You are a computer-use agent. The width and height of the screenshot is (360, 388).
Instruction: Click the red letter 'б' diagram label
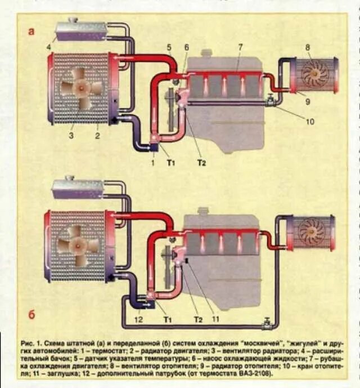(x=31, y=315)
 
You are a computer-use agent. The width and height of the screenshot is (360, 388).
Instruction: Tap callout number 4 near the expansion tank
(x=49, y=46)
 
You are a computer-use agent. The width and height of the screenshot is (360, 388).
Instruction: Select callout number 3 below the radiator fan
(x=71, y=135)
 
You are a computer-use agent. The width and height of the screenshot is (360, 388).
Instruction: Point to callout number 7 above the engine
(x=240, y=47)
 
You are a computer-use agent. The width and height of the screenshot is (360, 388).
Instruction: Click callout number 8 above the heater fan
(x=308, y=47)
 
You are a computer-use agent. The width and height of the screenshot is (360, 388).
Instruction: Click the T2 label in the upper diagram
(x=201, y=163)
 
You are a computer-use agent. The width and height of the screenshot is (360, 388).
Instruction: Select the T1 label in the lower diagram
(x=167, y=319)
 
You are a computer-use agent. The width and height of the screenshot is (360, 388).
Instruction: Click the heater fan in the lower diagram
(x=310, y=231)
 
